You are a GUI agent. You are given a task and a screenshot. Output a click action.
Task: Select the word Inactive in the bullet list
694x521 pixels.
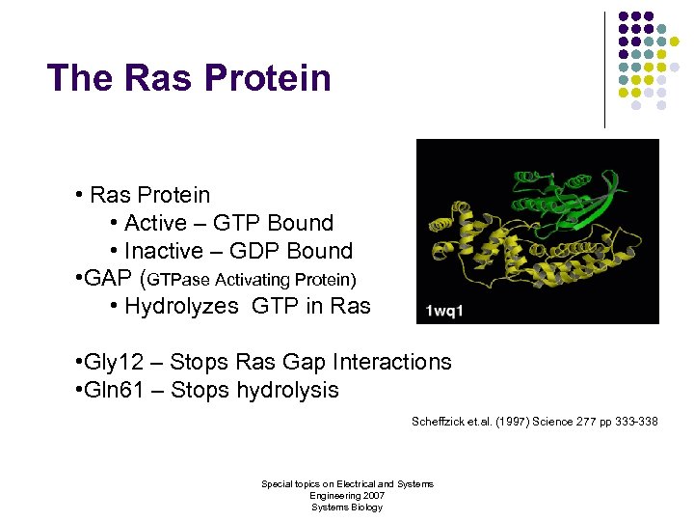coord(164,251)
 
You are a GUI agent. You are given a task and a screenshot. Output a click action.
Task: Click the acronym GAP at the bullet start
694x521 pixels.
coord(109,280)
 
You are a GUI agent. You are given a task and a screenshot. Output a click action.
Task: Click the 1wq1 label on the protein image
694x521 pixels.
coord(445,312)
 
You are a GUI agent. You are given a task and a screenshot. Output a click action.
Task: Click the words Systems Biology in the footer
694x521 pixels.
coord(347,507)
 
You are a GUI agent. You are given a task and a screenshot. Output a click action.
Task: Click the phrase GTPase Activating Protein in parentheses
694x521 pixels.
coord(252,281)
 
